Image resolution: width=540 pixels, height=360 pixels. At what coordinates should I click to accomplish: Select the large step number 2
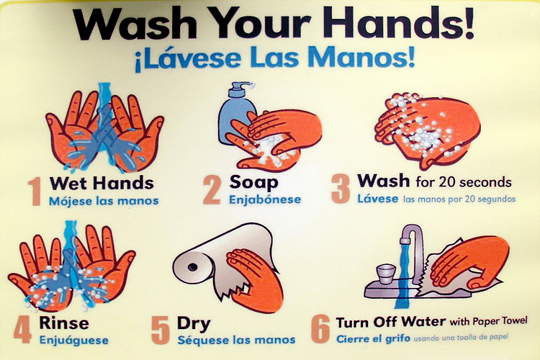(212, 189)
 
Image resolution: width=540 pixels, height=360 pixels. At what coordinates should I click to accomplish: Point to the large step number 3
(341, 189)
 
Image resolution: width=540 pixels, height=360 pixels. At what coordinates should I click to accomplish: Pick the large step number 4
(23, 330)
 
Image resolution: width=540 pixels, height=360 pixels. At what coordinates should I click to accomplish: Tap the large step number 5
(161, 330)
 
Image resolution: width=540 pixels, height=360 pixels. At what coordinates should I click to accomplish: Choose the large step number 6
(320, 330)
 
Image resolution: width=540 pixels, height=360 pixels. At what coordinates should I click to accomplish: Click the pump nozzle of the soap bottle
(241, 85)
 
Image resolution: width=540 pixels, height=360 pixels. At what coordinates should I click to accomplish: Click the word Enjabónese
(265, 199)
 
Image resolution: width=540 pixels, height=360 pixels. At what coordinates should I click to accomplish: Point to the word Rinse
(64, 323)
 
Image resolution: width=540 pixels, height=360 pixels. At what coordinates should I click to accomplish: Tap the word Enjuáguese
(74, 340)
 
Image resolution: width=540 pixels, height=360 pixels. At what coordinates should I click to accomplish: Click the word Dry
(194, 324)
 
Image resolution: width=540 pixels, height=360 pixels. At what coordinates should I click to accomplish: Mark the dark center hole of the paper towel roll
(193, 267)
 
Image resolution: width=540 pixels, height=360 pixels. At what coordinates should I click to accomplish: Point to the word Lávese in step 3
(377, 199)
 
